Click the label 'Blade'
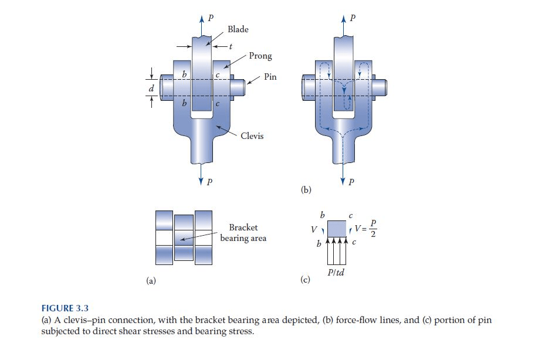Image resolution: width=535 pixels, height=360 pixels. pos(238,30)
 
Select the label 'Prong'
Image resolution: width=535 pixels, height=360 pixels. pos(260,56)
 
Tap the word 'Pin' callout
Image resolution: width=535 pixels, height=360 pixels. pos(270,76)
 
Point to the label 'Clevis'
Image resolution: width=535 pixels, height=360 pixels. pos(252,136)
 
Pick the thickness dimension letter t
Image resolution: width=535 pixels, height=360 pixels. pos(223,46)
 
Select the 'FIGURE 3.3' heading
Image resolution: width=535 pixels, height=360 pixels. pos(66,307)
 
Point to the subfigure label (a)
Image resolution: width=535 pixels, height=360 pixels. pos(151,281)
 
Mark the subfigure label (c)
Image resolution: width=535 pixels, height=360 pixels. pos(305,281)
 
